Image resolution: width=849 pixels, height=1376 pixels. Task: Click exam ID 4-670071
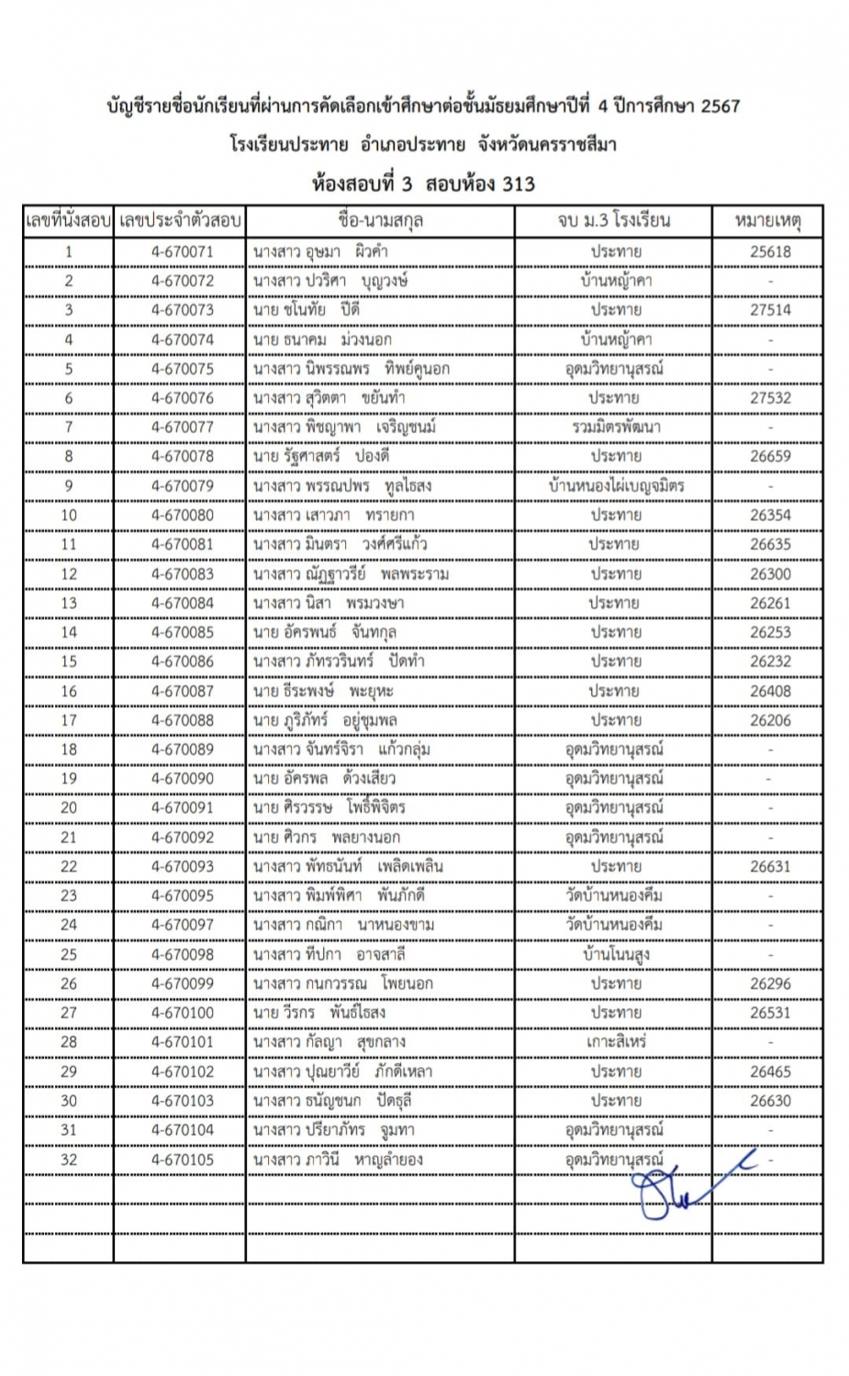click(x=182, y=251)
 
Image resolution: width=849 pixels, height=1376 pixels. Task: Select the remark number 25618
click(x=770, y=251)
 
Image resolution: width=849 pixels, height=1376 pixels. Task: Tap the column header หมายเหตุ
click(x=768, y=221)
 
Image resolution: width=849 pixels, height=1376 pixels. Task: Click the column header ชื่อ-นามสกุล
click(x=380, y=221)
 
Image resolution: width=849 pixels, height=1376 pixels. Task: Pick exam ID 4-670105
click(x=182, y=1160)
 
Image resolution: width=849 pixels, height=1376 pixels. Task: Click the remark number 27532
click(x=770, y=398)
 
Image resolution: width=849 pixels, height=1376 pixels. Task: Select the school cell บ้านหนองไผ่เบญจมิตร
click(x=616, y=486)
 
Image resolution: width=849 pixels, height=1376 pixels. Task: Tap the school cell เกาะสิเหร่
click(x=616, y=1042)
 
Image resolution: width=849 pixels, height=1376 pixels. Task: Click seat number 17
click(x=69, y=720)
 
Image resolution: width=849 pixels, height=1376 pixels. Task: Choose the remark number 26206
click(x=770, y=720)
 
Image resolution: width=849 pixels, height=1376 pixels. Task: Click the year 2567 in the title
click(x=720, y=105)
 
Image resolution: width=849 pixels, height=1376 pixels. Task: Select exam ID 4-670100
click(x=182, y=1013)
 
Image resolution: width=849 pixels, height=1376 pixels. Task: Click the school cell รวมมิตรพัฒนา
click(x=616, y=427)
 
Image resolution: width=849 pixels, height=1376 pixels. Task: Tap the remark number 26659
click(x=770, y=456)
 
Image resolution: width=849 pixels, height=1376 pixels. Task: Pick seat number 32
click(x=69, y=1160)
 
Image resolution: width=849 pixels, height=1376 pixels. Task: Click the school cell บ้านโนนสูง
click(x=616, y=954)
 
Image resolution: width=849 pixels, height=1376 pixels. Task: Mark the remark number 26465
click(x=770, y=1071)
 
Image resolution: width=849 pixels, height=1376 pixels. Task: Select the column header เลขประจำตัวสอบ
click(x=180, y=221)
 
